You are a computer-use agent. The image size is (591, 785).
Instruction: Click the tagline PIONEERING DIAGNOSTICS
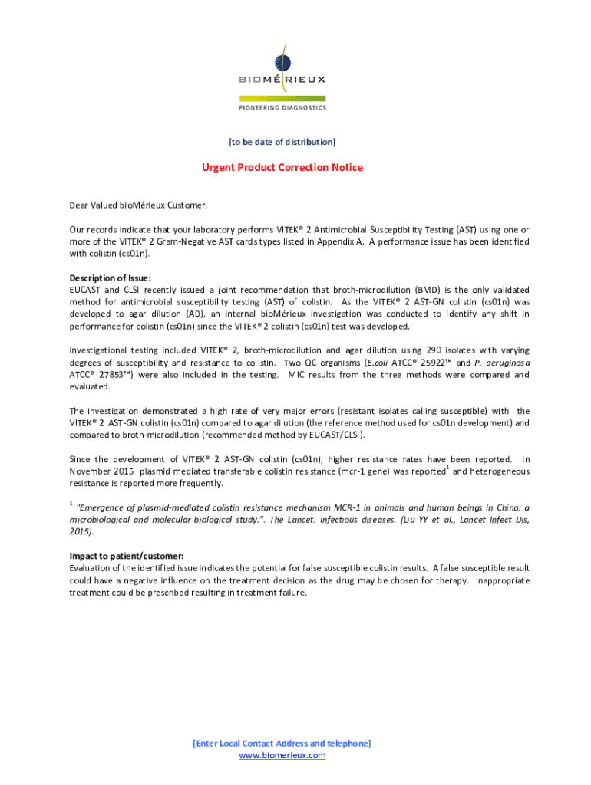pyautogui.click(x=282, y=107)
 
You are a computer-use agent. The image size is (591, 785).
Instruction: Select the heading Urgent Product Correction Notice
pyautogui.click(x=282, y=167)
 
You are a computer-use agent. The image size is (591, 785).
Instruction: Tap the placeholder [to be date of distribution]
pyautogui.click(x=282, y=142)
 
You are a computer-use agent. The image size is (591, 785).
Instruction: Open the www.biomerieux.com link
pyautogui.click(x=282, y=755)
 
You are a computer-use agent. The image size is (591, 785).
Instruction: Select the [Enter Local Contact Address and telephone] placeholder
pyautogui.click(x=282, y=744)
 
